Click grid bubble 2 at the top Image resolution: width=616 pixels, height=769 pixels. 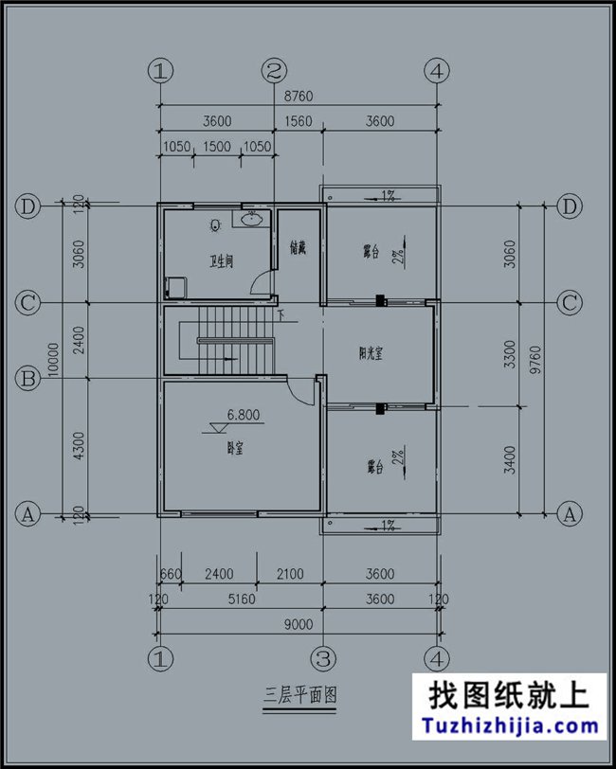(275, 70)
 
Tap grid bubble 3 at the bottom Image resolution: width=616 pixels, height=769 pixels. (322, 657)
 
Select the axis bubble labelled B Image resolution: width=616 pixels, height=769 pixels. (27, 379)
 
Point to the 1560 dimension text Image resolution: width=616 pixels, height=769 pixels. (299, 121)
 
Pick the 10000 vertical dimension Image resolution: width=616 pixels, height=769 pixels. (55, 360)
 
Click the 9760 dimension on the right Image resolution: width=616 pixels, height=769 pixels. (537, 360)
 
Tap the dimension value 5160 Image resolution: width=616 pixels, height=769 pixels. (241, 599)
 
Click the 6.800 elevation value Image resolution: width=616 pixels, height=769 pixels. (244, 415)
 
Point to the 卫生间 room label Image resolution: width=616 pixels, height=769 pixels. (222, 261)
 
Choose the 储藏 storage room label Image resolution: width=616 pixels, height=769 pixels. (298, 248)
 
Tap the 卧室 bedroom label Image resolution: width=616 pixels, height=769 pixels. (232, 448)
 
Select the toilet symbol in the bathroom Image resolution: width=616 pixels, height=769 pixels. (215, 225)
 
